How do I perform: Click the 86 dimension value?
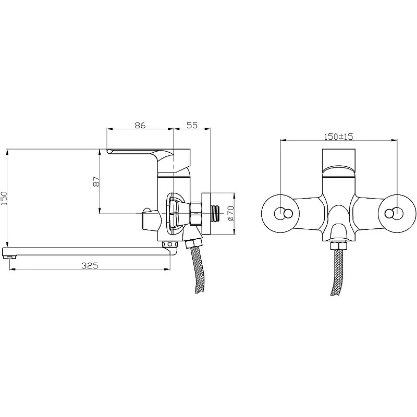point(140,125)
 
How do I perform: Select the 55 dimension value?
point(192,125)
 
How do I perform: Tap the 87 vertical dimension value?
point(96,181)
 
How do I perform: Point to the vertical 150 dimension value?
point(4,198)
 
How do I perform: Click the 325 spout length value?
point(90,265)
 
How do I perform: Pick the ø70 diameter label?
point(231,213)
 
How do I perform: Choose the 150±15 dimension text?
point(338,137)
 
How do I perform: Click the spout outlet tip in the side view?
point(9,257)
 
